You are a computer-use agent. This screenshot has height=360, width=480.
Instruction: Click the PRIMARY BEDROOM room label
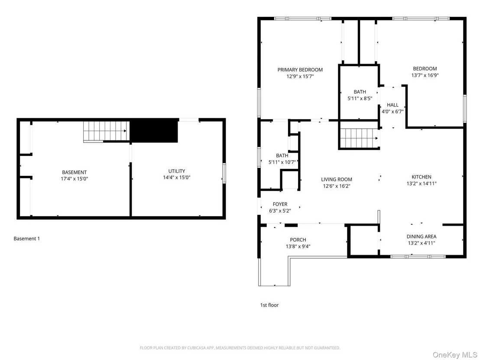coord(300,70)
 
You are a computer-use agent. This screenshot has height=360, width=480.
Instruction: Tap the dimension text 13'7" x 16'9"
coord(425,75)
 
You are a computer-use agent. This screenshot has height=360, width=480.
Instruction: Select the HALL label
coord(392,105)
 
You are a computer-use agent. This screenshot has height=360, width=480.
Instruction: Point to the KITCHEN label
coord(422,177)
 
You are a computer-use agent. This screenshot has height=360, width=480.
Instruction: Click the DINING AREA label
coord(422,237)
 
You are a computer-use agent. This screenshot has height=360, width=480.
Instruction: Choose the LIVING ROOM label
coord(337,179)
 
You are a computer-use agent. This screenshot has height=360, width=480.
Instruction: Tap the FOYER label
coord(280,204)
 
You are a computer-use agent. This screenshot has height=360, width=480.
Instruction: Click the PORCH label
coord(298,240)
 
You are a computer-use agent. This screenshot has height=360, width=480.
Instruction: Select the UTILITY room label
coord(177,171)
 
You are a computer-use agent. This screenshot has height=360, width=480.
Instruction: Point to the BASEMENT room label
coord(75,172)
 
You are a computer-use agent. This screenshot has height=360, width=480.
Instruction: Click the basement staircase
coord(106,132)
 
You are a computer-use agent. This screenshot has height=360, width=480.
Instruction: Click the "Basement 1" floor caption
coord(26,238)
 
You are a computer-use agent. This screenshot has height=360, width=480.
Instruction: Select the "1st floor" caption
coord(269,305)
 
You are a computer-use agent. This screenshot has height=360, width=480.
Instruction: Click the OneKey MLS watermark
coord(454,354)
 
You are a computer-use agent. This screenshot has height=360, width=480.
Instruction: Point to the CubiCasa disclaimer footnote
coord(240,348)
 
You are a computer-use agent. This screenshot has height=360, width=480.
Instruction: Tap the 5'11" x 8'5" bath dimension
coord(360,99)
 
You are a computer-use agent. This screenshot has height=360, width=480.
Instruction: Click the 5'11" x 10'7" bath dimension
coord(282,162)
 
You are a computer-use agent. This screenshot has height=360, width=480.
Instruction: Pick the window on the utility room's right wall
coord(224,174)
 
